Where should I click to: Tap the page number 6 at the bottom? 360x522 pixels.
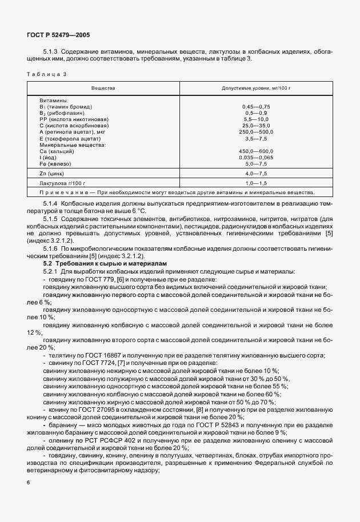(x=29, y=483)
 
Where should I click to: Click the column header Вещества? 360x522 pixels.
(x=103, y=88)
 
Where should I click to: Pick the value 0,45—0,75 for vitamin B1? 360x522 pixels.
(x=256, y=107)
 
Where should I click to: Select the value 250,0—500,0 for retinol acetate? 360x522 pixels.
(x=256, y=131)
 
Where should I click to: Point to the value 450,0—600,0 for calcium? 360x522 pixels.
(x=256, y=151)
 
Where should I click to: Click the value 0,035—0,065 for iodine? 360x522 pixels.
(x=256, y=156)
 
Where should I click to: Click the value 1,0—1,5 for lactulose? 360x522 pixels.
(x=256, y=183)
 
